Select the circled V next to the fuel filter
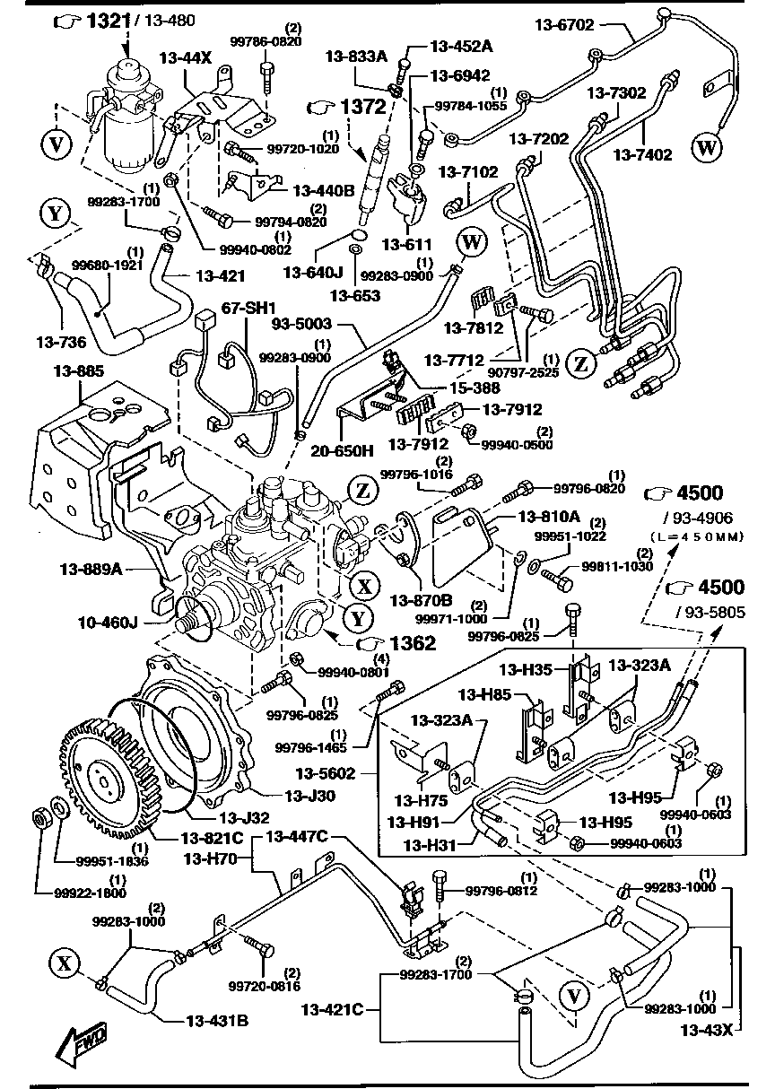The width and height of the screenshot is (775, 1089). tap(57, 144)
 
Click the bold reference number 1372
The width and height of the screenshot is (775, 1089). tap(362, 107)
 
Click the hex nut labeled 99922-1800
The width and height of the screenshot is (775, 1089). tap(40, 817)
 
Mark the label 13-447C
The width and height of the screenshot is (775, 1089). tap(296, 836)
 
